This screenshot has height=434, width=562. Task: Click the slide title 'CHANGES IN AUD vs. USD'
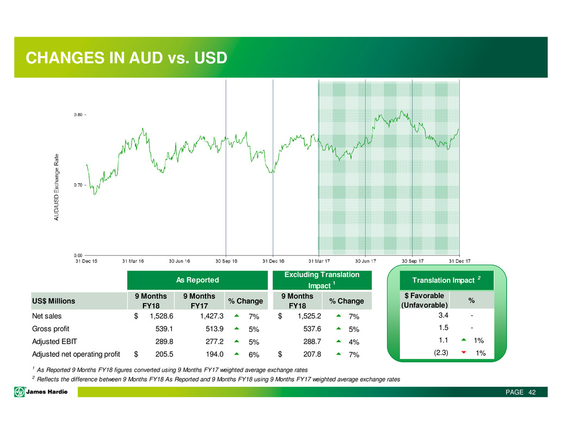click(126, 58)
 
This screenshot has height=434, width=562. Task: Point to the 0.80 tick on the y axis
click(85, 115)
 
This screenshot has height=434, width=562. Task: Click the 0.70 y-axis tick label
click(78, 185)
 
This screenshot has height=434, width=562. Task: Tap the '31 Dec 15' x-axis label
click(86, 261)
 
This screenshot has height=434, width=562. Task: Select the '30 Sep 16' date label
click(226, 261)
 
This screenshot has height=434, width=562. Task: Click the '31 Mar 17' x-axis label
click(319, 261)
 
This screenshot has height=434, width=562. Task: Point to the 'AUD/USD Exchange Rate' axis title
click(57, 187)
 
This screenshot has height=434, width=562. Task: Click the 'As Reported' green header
click(197, 280)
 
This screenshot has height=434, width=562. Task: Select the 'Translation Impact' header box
click(447, 280)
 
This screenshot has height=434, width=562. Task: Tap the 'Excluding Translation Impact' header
click(322, 280)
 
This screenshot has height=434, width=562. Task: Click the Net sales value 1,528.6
click(161, 316)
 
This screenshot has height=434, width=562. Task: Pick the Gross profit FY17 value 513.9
click(214, 329)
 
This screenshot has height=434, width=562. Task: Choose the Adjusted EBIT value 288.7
click(312, 342)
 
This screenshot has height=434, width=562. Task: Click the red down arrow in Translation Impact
click(464, 353)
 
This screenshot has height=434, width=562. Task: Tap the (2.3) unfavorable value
click(441, 353)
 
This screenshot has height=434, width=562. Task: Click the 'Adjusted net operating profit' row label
click(76, 354)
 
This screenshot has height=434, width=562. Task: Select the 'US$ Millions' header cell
click(53, 301)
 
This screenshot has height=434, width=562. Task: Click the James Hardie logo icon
click(20, 392)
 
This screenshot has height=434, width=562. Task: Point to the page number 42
click(532, 392)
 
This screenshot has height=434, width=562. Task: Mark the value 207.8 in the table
click(312, 354)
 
